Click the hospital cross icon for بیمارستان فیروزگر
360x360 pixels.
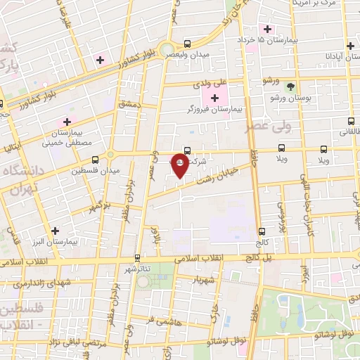click(214, 96)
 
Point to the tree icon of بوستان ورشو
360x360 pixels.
click(290, 87)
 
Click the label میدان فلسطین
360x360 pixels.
click(95, 170)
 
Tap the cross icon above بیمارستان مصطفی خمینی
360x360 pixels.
click(67, 122)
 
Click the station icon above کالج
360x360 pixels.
click(262, 231)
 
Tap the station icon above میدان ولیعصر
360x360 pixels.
click(187, 43)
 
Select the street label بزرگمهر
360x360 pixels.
click(100, 207)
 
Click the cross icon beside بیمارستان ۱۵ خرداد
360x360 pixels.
click(267, 29)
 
